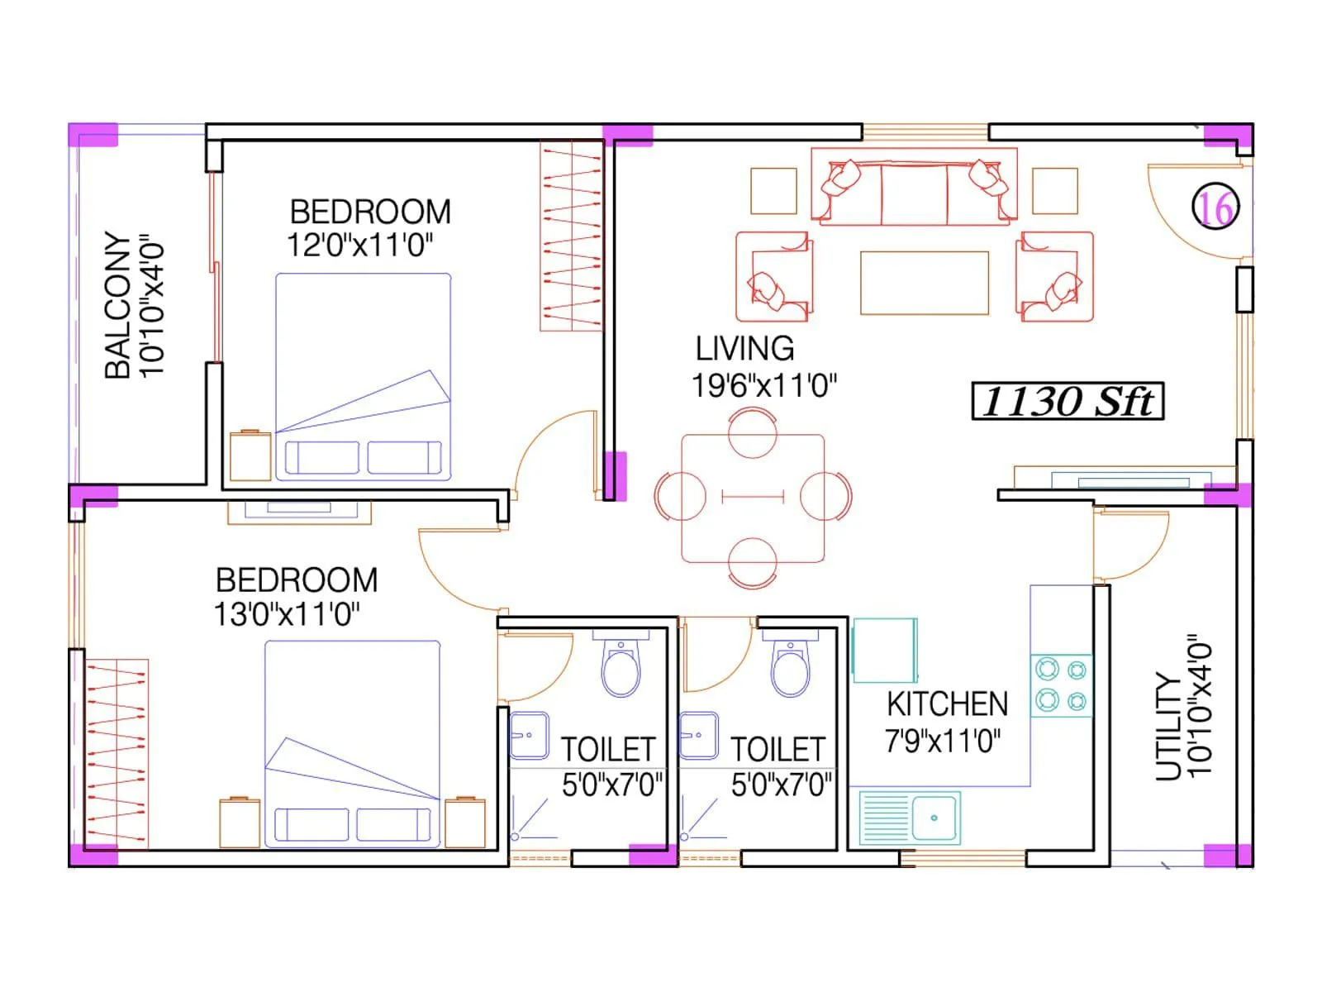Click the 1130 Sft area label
coord(1067,402)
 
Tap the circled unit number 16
coord(1215,207)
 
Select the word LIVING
coord(744,349)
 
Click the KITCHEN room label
coord(947,704)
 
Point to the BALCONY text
coord(118,305)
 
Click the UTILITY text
coord(1167,727)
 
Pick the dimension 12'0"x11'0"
coord(359,246)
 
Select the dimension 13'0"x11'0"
coord(286,614)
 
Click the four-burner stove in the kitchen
coord(1062,685)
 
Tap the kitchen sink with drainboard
coord(910,818)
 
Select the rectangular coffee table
coord(924,283)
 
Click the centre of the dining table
coord(753,498)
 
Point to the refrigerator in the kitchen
coord(884,651)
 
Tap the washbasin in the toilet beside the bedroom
coord(529,735)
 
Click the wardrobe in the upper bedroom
coord(571,236)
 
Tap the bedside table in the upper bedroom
coord(250,455)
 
